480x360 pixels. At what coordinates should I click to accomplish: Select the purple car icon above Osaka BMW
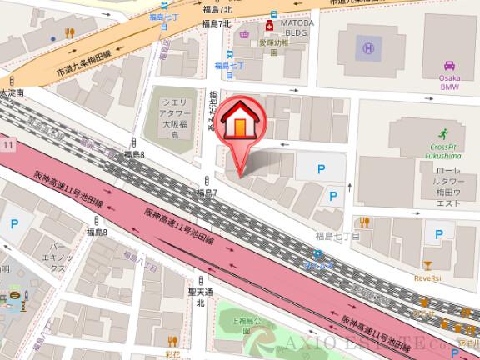coord(449,66)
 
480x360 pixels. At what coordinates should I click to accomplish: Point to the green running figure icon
coord(444,132)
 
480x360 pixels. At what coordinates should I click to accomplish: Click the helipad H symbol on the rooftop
coord(367,49)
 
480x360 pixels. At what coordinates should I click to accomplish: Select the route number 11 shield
coord(7,146)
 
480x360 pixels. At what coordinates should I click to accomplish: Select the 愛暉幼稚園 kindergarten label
coord(272,43)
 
